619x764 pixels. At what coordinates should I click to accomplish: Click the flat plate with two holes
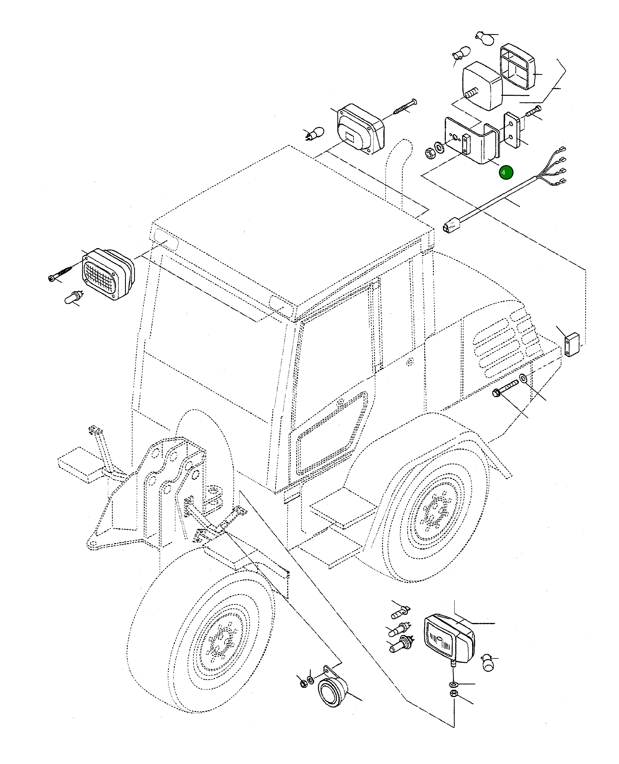[x=512, y=130]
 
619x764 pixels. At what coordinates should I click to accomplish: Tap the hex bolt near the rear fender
[x=504, y=389]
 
